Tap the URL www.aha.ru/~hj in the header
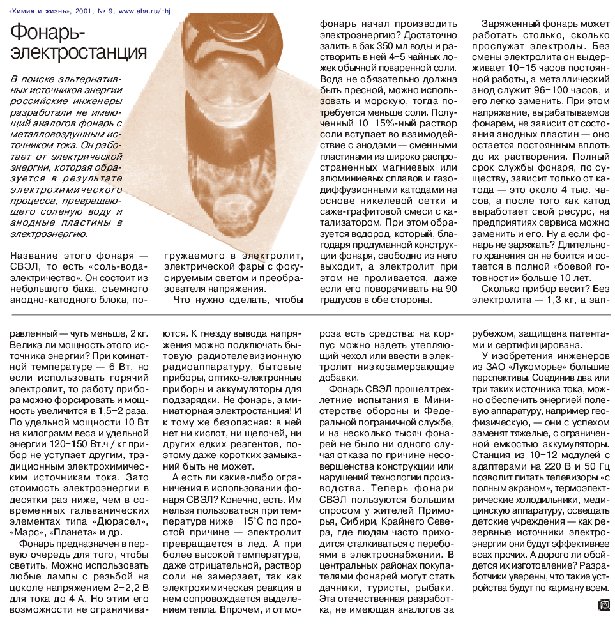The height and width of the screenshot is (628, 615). [x=137, y=9]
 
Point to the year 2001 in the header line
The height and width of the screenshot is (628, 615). [x=85, y=9]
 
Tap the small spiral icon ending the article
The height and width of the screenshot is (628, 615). [x=603, y=604]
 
